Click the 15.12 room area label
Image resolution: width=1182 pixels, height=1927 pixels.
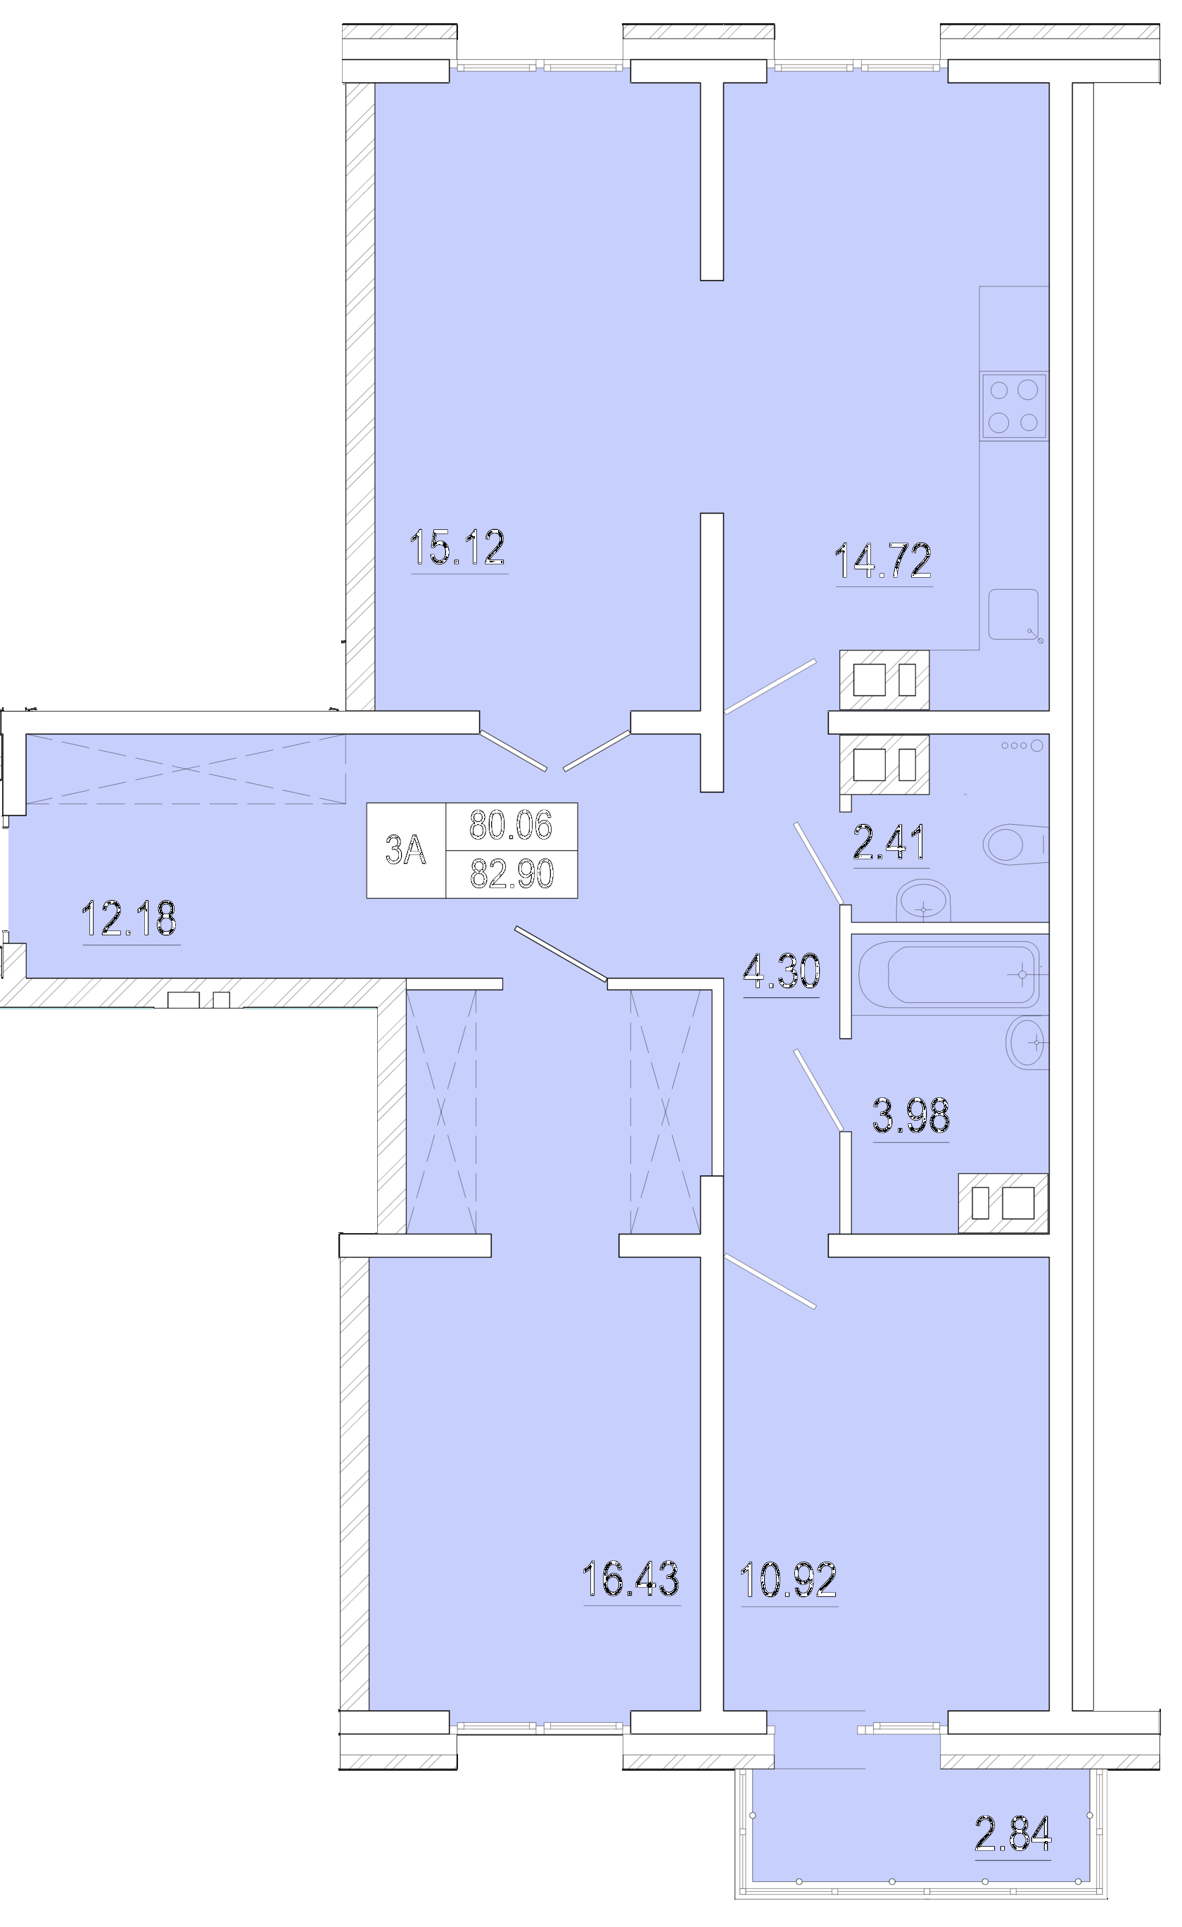point(458,548)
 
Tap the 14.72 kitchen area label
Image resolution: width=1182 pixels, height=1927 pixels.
point(884,560)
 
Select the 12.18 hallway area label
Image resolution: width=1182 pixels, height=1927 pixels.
point(129,918)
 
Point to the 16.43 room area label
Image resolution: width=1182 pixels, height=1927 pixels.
point(631,1579)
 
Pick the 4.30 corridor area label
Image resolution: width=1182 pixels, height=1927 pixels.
point(782,971)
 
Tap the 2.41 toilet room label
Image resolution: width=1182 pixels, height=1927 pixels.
point(891,842)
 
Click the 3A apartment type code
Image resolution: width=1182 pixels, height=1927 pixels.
point(406,849)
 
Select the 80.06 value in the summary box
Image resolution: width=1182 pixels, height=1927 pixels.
point(511,825)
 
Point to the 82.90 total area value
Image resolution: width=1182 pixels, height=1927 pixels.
point(511,873)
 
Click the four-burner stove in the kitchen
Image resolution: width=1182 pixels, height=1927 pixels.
point(1014,406)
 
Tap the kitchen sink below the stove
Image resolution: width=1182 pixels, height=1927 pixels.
point(1014,614)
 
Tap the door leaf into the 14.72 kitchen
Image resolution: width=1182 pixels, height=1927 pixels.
point(770,687)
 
